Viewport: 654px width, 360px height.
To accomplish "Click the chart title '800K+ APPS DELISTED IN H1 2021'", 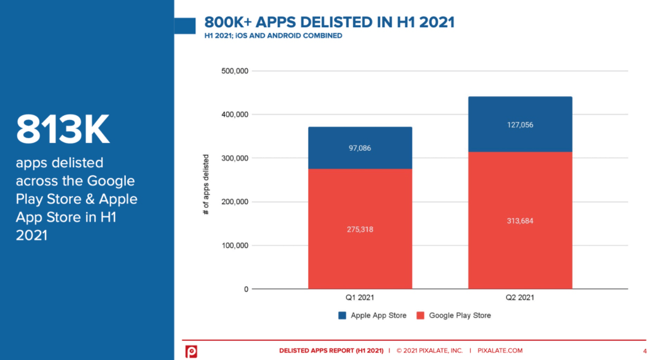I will pos(329,22).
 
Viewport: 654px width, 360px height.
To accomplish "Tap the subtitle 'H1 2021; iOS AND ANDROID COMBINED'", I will pos(273,36).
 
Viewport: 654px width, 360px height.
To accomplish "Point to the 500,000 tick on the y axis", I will pos(234,71).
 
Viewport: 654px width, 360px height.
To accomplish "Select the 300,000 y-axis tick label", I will pos(234,158).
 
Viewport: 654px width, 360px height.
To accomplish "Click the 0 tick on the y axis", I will pos(246,289).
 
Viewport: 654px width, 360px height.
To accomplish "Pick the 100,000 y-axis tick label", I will pos(234,246).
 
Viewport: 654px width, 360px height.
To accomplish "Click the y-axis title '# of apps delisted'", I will pos(206,185).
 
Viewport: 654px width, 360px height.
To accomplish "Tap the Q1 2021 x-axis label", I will pos(360,298).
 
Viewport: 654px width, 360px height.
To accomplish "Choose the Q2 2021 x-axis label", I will pos(520,298).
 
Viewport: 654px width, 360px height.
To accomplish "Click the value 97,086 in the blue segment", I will pos(360,148).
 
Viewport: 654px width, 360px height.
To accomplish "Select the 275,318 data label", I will pos(360,229).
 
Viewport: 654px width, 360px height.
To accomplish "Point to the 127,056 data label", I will pos(520,125).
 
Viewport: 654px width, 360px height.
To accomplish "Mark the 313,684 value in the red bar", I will pos(520,221).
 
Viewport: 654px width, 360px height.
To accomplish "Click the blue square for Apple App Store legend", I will pos(343,316).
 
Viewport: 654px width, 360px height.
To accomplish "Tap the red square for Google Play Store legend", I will pos(421,316).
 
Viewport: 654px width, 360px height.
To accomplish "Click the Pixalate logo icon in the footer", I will pos(191,351).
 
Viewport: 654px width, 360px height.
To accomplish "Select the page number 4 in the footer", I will pos(644,351).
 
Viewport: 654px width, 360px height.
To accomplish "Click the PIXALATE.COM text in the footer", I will pos(500,351).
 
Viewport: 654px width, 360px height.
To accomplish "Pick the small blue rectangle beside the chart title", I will pos(185,26).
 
